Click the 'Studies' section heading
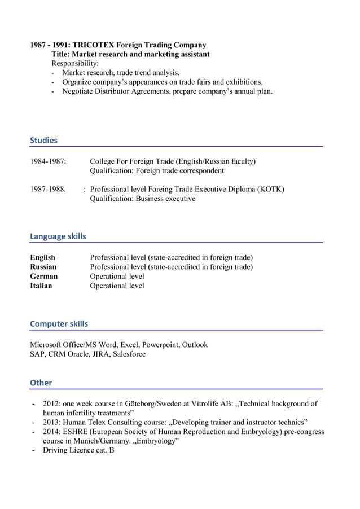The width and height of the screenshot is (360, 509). point(43,141)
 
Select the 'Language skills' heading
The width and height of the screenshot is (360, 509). point(58,236)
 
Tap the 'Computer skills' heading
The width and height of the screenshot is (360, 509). point(59,324)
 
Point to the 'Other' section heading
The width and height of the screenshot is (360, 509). point(41,383)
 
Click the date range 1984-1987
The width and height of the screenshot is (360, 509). point(48,161)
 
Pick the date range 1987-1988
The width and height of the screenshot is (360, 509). point(48,189)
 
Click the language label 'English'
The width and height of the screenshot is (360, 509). point(42,257)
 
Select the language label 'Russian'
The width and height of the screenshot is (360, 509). point(43,267)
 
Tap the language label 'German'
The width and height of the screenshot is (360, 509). point(43,277)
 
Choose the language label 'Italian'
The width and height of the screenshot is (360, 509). point(41,286)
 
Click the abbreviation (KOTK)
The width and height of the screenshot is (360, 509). point(271,189)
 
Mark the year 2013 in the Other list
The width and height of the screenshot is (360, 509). point(52,422)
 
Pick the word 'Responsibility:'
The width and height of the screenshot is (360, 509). point(75,64)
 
